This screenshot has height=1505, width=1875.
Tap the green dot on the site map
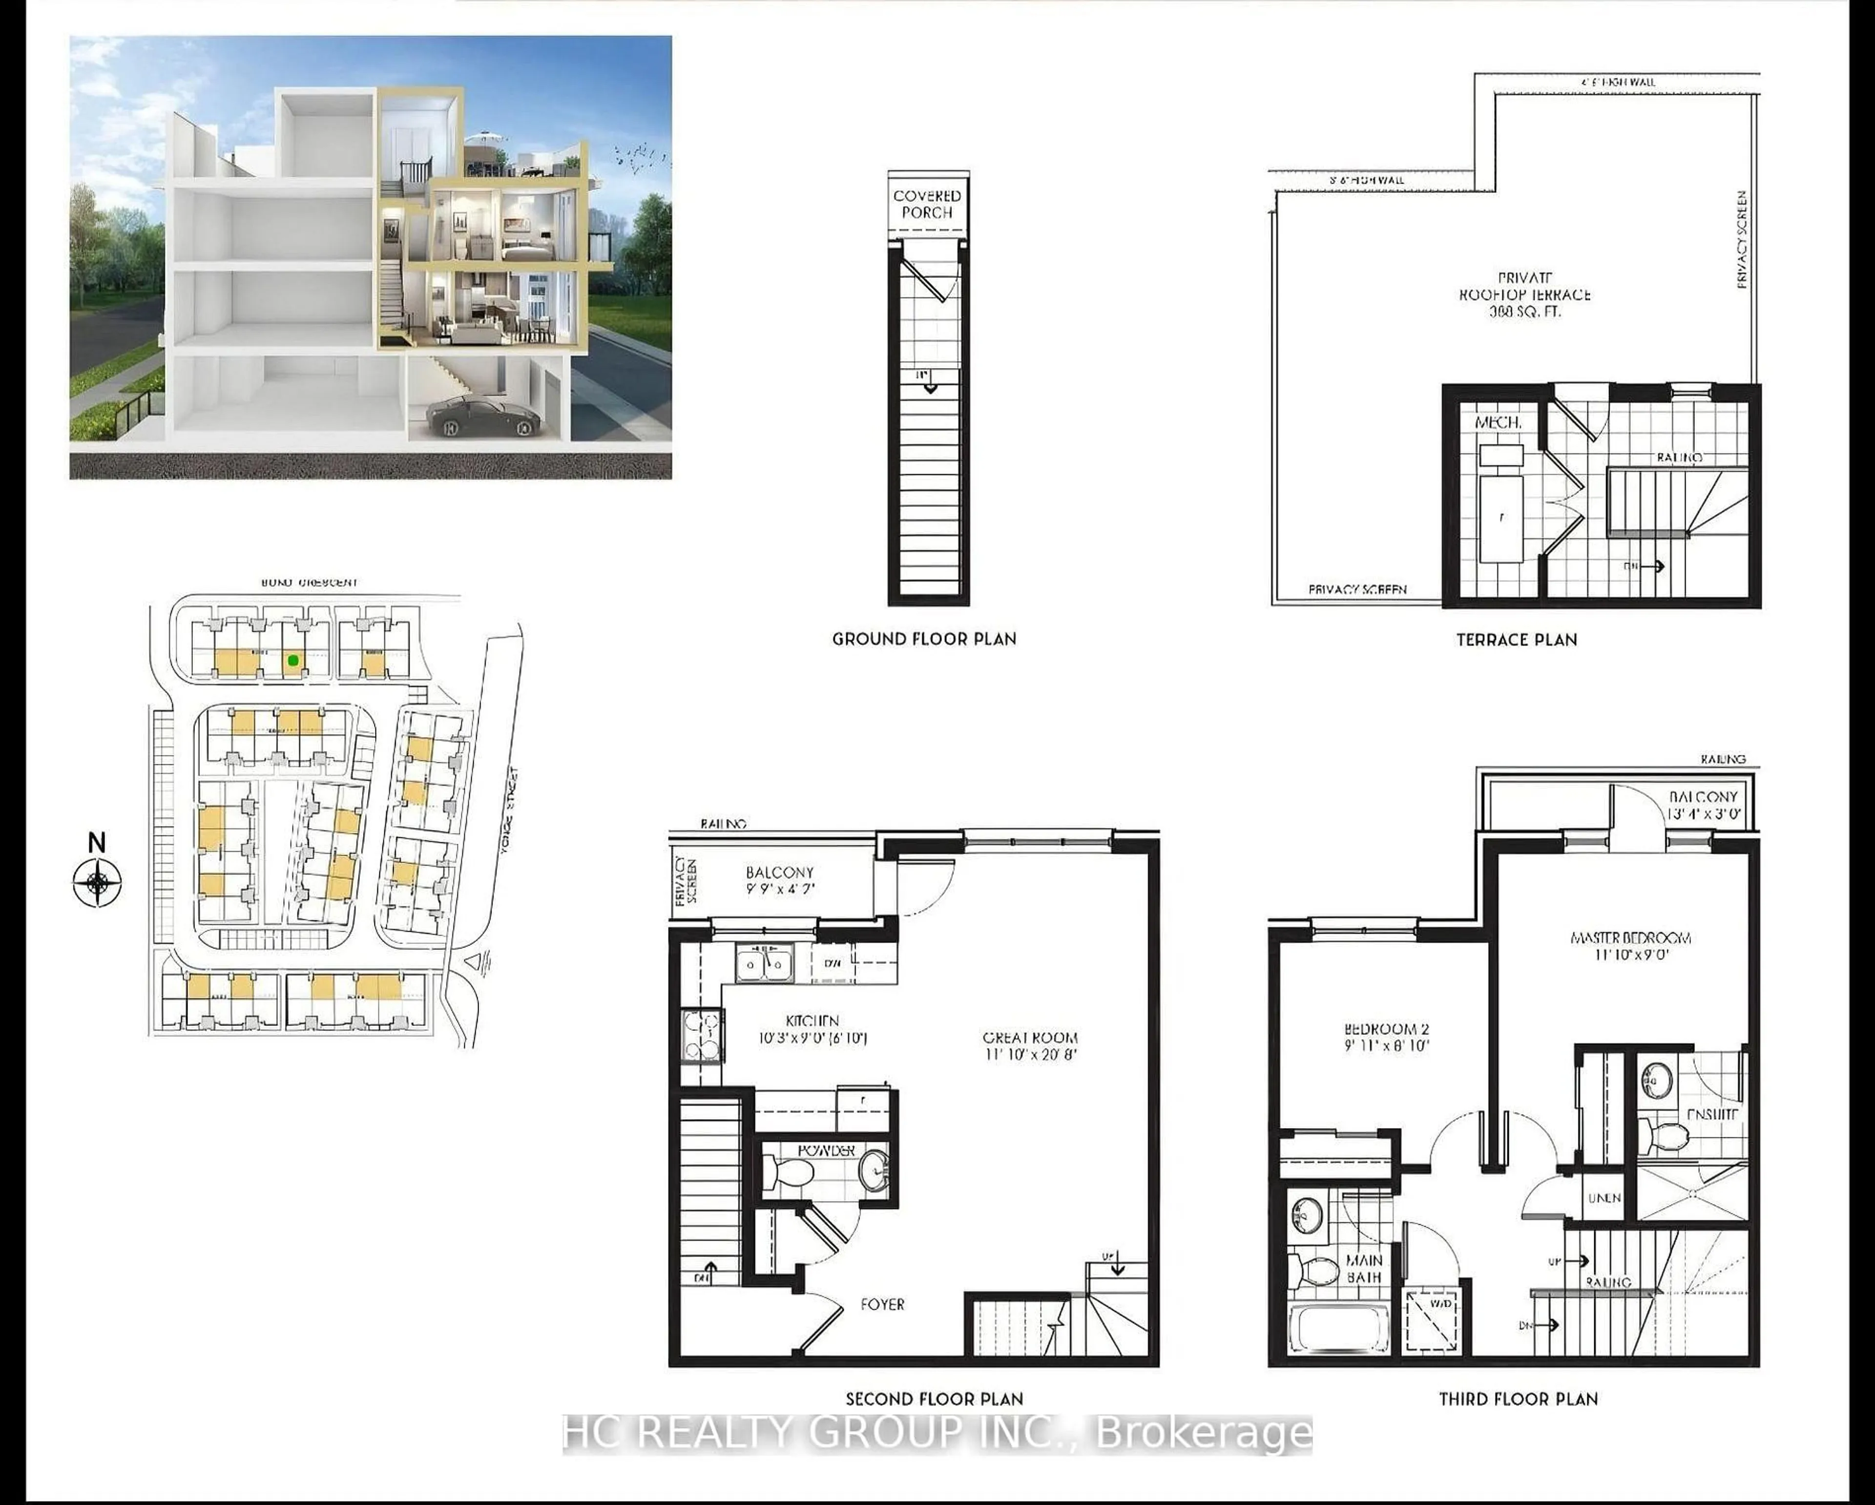point(294,661)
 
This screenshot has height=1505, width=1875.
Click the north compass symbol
point(97,882)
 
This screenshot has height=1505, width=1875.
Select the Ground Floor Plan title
point(924,639)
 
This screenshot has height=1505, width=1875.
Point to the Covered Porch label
point(927,205)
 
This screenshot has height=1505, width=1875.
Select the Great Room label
point(1030,1045)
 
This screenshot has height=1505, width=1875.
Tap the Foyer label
point(882,1304)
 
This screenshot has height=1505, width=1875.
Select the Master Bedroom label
point(1630,945)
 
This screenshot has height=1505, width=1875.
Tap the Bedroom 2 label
point(1386,1038)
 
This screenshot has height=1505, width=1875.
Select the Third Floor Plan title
point(1518,1400)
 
